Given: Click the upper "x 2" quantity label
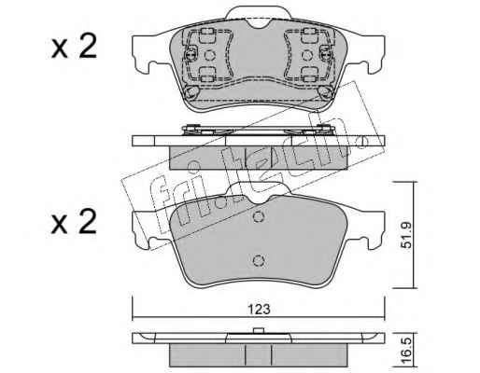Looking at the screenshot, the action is pyautogui.click(x=74, y=47).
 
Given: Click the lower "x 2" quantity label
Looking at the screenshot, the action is pyautogui.click(x=74, y=221).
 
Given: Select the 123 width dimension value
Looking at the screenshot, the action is pyautogui.click(x=259, y=310).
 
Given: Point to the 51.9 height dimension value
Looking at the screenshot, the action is pyautogui.click(x=406, y=235).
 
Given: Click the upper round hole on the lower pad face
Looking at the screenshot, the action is pyautogui.click(x=259, y=216).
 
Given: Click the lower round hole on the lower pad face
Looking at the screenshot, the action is pyautogui.click(x=259, y=260).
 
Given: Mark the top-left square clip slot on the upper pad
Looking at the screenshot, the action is pyautogui.click(x=206, y=35).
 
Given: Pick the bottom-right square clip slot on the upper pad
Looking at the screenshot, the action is pyautogui.click(x=309, y=75).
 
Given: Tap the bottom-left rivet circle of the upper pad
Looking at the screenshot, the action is pyautogui.click(x=191, y=92).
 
